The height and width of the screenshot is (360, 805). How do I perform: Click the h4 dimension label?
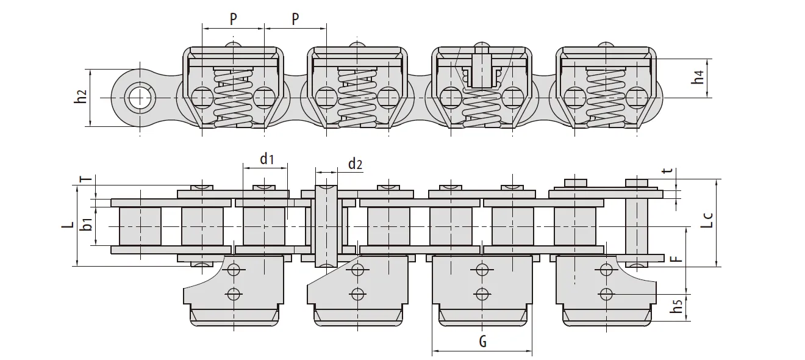(x=699, y=77)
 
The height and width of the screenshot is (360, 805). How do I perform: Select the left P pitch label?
(x=234, y=19)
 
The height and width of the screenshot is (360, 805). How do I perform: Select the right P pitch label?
(x=295, y=19)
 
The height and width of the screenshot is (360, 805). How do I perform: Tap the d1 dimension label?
(x=267, y=160)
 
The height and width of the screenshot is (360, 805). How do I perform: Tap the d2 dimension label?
(x=355, y=164)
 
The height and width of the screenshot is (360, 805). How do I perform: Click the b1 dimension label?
(x=87, y=224)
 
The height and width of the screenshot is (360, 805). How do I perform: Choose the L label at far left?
(x=68, y=225)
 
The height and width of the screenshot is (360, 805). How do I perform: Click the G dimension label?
(x=482, y=342)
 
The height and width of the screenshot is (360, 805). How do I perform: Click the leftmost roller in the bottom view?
(x=141, y=226)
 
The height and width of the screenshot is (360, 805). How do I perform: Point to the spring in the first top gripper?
(x=234, y=98)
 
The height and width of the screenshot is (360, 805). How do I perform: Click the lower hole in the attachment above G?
(x=482, y=293)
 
